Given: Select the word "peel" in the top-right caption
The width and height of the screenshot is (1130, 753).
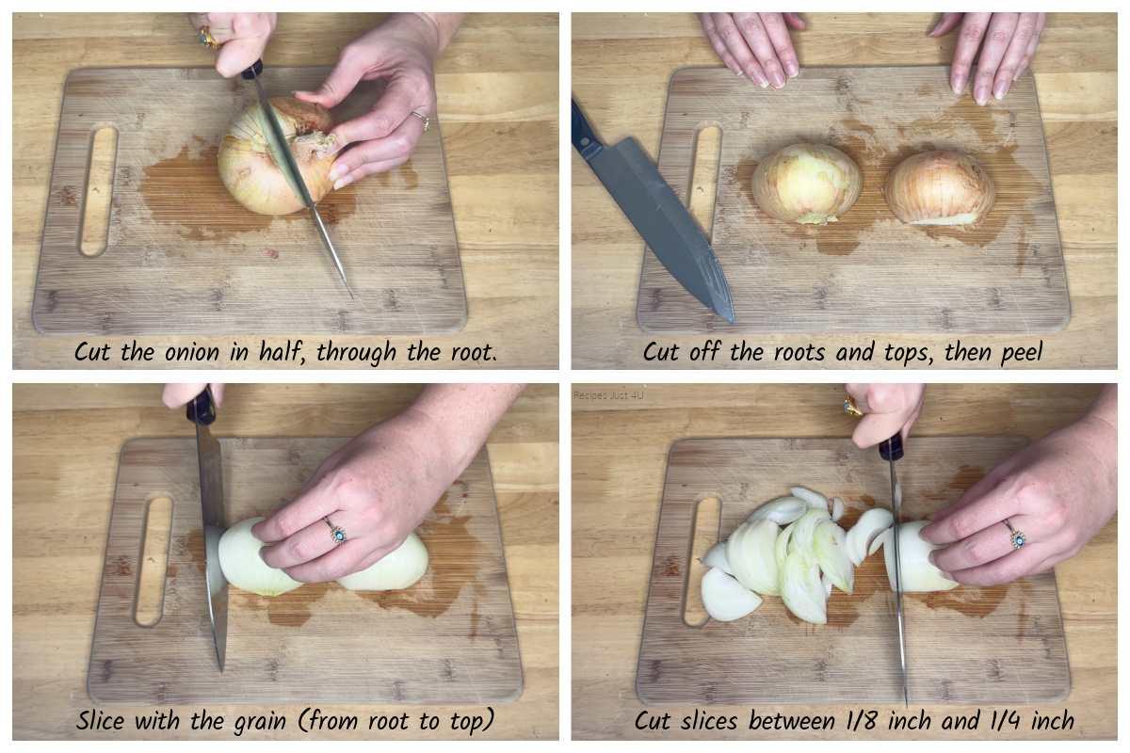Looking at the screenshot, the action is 1021,353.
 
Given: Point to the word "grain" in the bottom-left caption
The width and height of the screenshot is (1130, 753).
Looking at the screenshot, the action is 260,722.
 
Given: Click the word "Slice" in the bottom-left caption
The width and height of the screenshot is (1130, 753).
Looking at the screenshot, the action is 100,720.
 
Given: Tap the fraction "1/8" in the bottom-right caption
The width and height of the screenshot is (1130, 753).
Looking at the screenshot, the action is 862,721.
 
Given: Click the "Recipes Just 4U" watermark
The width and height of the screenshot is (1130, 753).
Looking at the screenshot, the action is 608,395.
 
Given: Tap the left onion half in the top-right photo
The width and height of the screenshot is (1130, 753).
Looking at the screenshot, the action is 807,184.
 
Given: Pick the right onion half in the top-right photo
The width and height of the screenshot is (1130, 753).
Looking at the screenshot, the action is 940,187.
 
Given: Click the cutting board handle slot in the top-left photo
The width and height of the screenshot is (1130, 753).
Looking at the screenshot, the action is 98,192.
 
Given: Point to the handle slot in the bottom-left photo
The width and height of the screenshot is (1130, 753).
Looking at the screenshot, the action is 153,561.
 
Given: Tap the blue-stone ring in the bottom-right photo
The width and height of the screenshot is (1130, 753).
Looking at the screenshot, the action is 1014,536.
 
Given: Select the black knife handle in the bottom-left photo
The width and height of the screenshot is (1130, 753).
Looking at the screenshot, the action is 202,407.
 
